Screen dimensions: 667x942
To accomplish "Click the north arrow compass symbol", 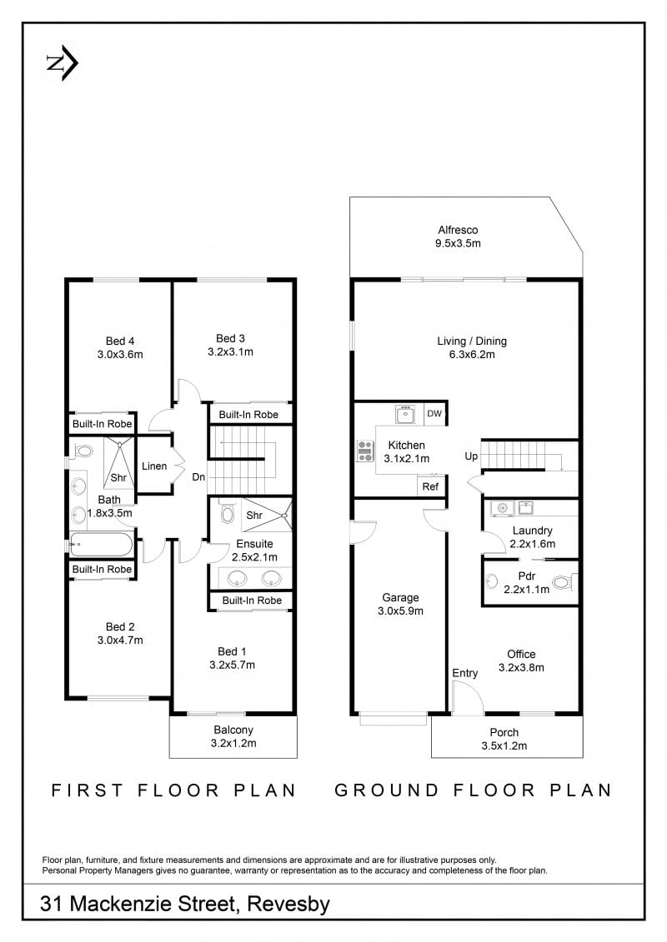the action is tap(63, 63).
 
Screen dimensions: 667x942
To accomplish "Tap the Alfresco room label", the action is tap(458, 230).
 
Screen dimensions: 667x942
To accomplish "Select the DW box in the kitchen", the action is tap(434, 413).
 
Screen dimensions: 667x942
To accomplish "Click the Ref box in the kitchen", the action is tap(430, 486).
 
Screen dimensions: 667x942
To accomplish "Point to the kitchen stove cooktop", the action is tap(366, 451).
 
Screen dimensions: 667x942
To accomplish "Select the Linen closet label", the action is tap(154, 466).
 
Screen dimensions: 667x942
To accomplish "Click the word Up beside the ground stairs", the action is tap(471, 456).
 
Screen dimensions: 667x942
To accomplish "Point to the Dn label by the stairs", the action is tap(198, 477).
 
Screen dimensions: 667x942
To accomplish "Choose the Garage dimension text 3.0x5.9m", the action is tap(400, 611).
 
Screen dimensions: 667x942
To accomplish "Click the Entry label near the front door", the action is tap(465, 673).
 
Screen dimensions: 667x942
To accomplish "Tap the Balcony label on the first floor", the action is tap(233, 730).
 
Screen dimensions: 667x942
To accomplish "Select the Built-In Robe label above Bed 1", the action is tap(252, 601).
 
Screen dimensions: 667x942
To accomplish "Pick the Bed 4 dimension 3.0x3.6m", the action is tap(120, 355).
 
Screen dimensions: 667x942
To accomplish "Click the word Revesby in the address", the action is tap(288, 905).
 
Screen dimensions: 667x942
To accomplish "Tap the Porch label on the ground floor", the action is tap(504, 732).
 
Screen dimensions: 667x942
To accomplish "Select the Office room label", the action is tap(521, 654).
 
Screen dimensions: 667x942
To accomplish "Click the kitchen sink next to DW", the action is tap(404, 414).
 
